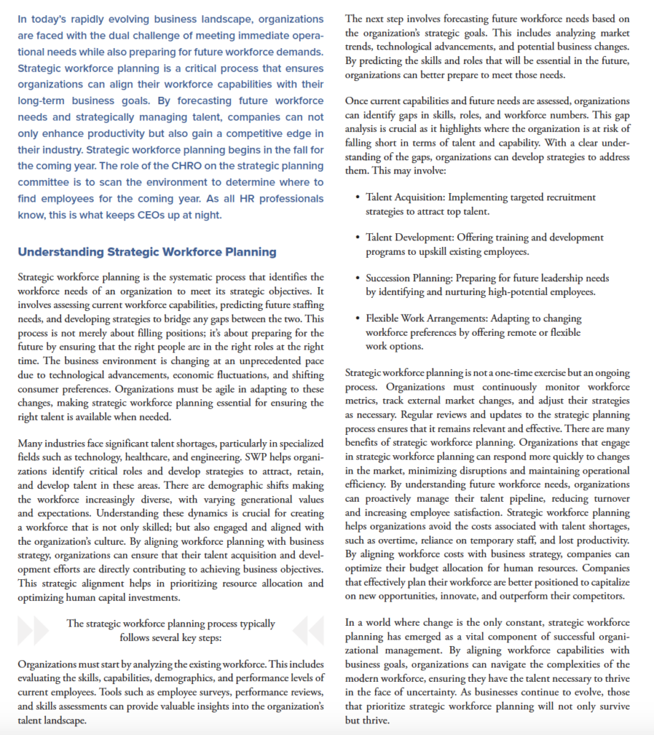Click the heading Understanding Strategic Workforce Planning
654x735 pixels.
pos(147,252)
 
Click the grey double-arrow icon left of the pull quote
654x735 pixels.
pos(32,630)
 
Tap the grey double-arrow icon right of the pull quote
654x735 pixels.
pos(308,630)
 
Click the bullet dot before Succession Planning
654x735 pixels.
pos(358,278)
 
